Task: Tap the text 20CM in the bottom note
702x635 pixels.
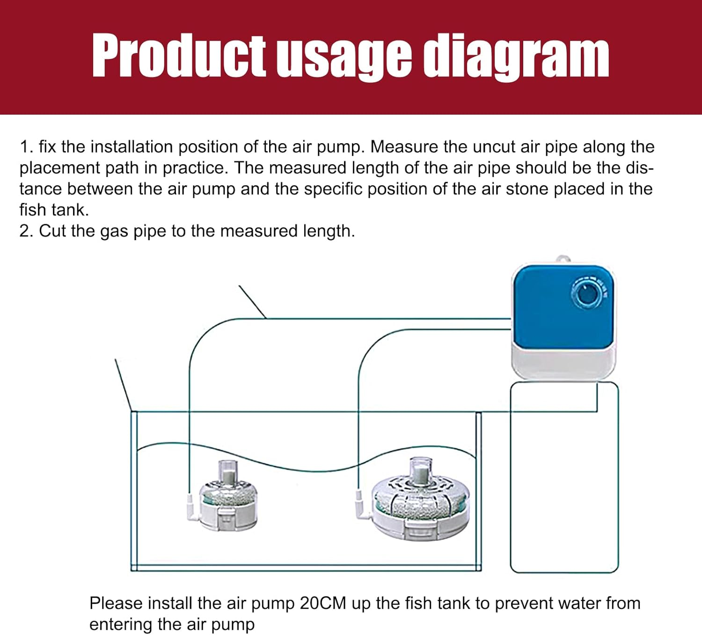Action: coord(323,603)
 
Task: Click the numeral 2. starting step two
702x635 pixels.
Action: coord(26,231)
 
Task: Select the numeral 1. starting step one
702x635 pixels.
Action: coord(26,147)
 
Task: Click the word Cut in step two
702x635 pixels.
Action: coord(52,231)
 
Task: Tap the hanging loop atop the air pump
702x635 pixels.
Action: coord(563,259)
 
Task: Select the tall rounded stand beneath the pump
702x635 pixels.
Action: coord(564,477)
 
